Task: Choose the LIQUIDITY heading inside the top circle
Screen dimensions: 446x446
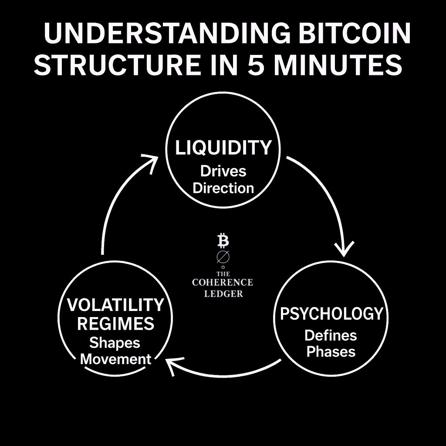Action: click(x=223, y=148)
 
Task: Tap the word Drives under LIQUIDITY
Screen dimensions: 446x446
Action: click(x=223, y=171)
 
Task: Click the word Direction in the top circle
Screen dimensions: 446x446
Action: click(x=223, y=188)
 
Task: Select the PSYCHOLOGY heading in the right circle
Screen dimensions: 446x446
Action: click(x=331, y=314)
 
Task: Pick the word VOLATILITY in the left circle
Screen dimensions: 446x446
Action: click(x=115, y=305)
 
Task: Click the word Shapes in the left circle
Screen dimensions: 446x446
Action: click(x=115, y=343)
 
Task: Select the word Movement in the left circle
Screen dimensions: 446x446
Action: click(x=116, y=359)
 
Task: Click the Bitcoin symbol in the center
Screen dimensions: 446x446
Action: click(x=223, y=240)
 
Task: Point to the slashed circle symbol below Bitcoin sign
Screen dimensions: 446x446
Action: click(x=223, y=257)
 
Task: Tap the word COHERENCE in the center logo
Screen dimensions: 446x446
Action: click(x=223, y=282)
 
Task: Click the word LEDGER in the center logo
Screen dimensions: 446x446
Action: click(x=223, y=294)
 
